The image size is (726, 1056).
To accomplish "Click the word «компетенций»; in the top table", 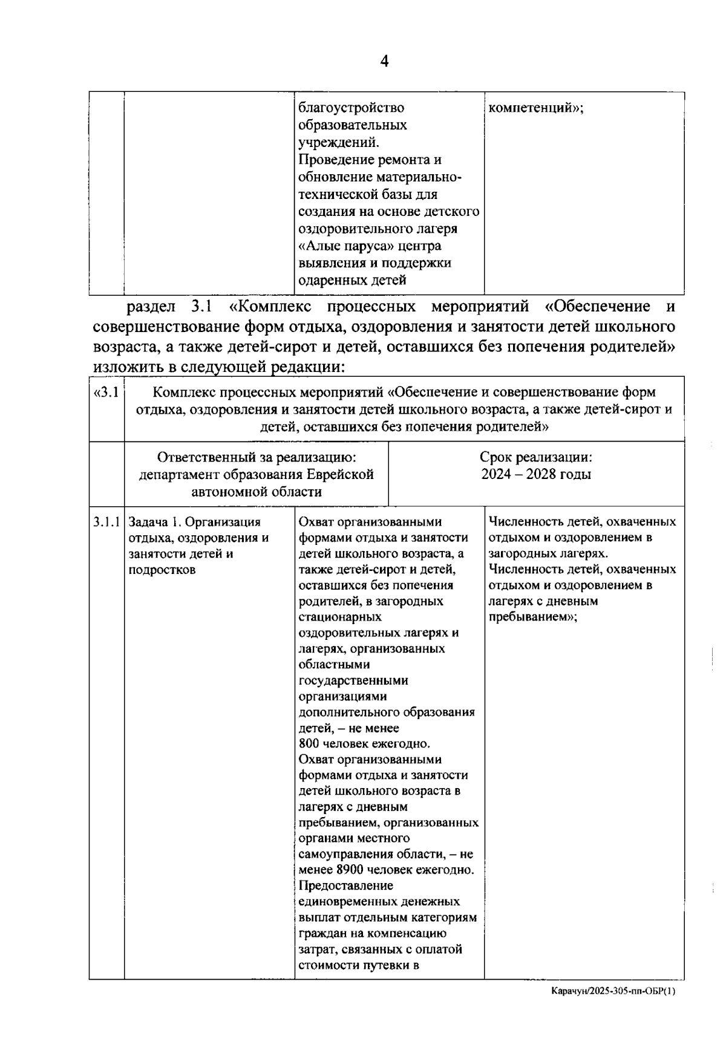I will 535,108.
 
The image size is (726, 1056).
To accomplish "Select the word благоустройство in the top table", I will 352,108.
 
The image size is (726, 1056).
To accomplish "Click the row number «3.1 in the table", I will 106,392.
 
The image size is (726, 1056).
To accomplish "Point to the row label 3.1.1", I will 106,522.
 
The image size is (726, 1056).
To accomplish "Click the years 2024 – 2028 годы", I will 536,474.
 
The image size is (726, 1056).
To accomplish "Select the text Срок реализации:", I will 536,457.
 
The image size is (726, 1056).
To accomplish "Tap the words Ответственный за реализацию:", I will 257,457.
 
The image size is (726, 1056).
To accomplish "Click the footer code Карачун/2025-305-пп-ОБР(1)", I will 613,991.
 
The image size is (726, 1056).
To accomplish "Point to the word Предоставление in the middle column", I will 345,886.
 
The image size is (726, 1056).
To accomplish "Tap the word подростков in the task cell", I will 162,570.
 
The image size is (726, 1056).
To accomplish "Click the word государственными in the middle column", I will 353,680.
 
